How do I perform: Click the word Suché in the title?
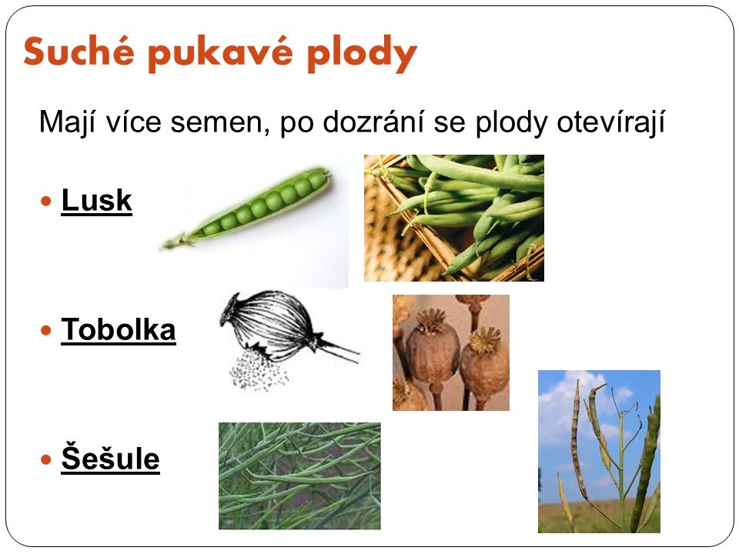tap(79, 51)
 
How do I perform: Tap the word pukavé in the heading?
tap(221, 54)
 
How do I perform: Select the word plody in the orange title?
tap(363, 54)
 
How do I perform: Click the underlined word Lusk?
tap(97, 200)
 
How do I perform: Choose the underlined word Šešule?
tap(110, 457)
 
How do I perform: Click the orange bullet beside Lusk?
tap(45, 202)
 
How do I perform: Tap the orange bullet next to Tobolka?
tap(45, 330)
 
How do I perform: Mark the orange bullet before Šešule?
tap(45, 459)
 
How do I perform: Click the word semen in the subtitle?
tap(219, 122)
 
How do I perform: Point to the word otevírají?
tap(610, 122)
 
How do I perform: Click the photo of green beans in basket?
tap(454, 218)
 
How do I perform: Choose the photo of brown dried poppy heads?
tap(451, 352)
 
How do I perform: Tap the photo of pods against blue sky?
tap(599, 452)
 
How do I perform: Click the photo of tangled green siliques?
tap(299, 476)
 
